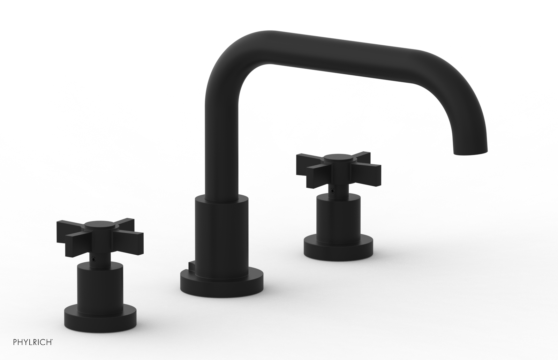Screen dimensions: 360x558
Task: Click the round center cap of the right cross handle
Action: pos(336,158)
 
